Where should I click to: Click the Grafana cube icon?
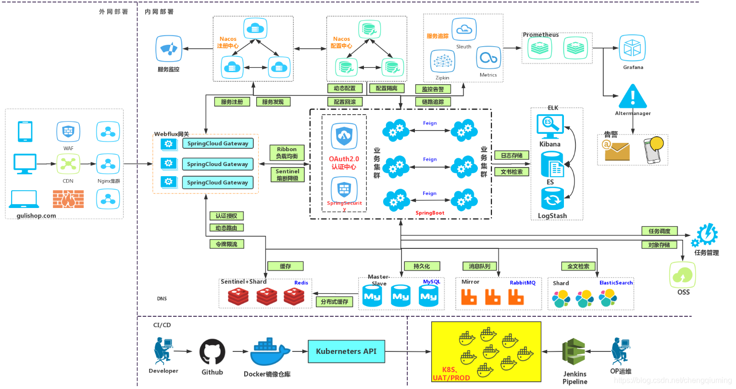pos(632,48)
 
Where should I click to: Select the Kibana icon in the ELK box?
pos(549,126)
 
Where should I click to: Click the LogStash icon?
pos(552,198)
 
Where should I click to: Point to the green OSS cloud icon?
pos(683,274)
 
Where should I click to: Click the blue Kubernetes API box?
pos(346,351)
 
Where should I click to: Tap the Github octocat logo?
pos(212,352)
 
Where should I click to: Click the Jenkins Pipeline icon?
pos(574,352)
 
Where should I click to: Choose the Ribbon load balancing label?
pos(287,153)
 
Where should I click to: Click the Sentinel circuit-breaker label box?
pos(287,175)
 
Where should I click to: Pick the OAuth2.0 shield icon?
pos(344,136)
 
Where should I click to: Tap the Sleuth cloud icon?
pos(464,29)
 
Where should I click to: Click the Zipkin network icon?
pos(442,62)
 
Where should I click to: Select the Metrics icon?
pos(488,59)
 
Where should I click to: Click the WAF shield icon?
pos(68,131)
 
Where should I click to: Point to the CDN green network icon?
pos(68,164)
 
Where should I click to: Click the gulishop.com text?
pos(36,216)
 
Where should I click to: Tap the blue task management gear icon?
pos(705,235)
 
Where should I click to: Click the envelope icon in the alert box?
pos(617,151)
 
